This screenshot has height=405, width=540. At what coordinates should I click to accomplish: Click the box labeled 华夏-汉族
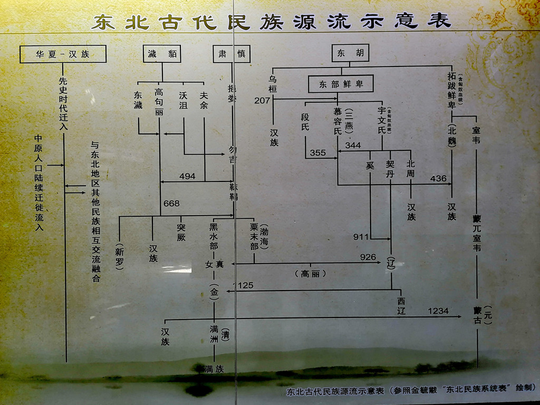click(x=63, y=54)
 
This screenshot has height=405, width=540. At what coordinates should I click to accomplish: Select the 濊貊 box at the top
click(x=162, y=54)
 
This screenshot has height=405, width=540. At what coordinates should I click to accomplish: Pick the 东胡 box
click(x=350, y=53)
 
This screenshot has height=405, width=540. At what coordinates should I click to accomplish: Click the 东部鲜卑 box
click(x=341, y=84)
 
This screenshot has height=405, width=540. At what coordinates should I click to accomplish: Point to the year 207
click(x=262, y=100)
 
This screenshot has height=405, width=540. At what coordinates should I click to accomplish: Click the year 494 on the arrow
click(x=187, y=176)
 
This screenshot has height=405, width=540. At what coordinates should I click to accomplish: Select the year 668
click(x=171, y=204)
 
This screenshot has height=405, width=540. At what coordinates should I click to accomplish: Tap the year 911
click(x=361, y=237)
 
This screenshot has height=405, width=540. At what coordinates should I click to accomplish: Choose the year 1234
click(x=438, y=311)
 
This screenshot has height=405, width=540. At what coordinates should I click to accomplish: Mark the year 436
click(x=438, y=178)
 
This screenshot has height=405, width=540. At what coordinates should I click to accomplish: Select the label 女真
click(x=214, y=264)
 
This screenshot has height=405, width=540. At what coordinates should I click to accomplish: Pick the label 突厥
click(x=182, y=233)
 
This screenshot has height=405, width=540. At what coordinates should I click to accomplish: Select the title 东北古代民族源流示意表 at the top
click(x=271, y=21)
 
